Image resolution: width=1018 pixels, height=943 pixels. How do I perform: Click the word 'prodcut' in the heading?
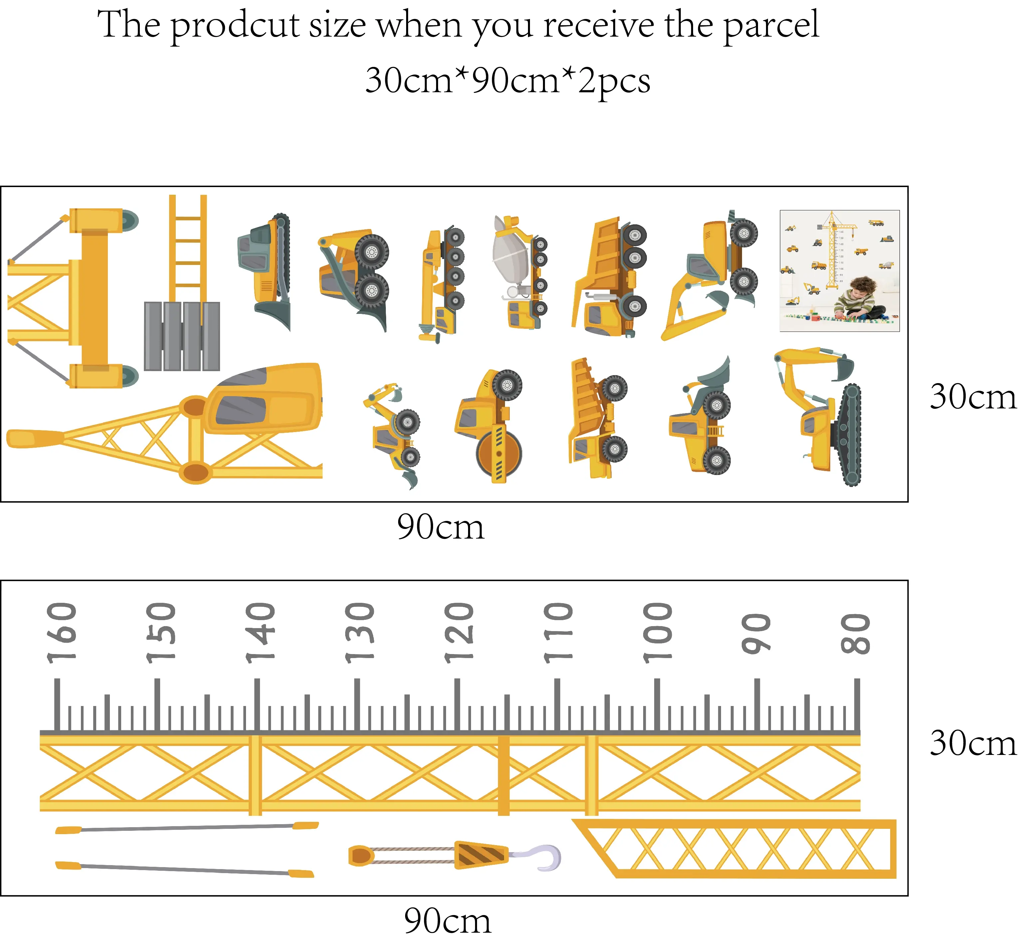[x=235, y=26]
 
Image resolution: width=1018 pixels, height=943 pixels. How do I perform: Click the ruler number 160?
[x=61, y=633]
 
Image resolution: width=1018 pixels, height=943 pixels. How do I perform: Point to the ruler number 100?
[x=657, y=633]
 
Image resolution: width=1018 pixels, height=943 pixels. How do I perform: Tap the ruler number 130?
[x=359, y=633]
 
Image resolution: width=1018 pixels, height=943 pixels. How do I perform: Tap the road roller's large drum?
[x=499, y=453]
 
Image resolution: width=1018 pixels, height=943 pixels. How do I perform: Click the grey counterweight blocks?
[x=182, y=336]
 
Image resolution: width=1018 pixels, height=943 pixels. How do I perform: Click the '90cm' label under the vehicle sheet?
[x=440, y=527]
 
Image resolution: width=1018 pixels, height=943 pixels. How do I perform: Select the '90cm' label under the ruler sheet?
[x=447, y=921]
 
